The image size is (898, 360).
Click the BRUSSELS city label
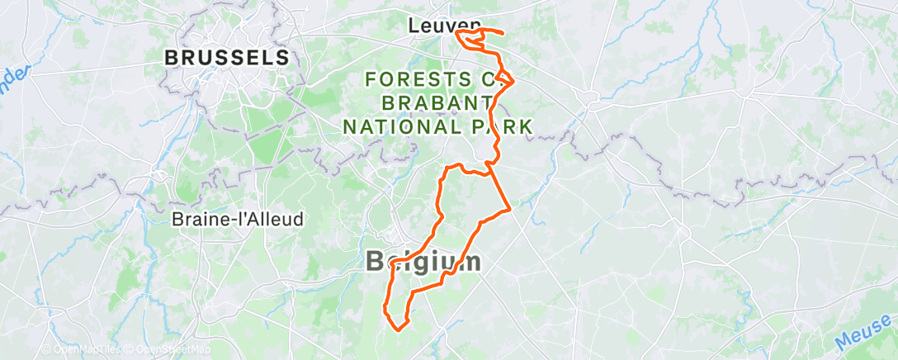(x=227, y=58)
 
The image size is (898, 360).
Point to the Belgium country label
(x=423, y=262)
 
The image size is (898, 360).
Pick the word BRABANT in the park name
(x=435, y=103)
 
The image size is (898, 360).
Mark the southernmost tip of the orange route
(x=400, y=330)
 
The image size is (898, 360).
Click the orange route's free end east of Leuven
(x=503, y=32)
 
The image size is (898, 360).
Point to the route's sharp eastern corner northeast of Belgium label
(x=512, y=209)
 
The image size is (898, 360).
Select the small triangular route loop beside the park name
(x=507, y=80)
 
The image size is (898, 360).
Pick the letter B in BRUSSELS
(x=172, y=58)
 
